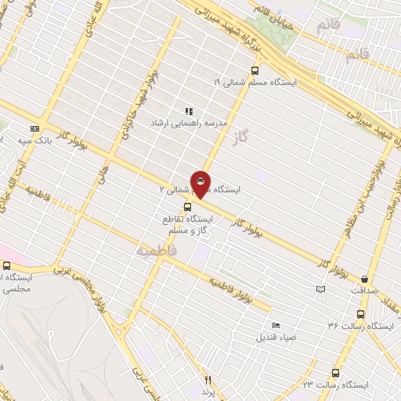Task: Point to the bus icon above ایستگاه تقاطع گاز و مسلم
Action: tap(186, 207)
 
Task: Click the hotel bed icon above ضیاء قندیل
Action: tap(275, 326)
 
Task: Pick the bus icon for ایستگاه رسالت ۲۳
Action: tap(335, 374)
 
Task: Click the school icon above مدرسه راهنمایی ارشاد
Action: tap(188, 111)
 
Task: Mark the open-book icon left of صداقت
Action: tap(320, 290)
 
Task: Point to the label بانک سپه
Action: tap(55, 139)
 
